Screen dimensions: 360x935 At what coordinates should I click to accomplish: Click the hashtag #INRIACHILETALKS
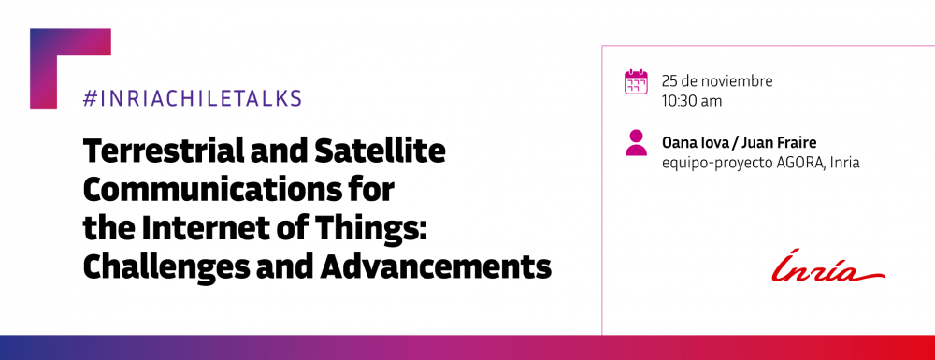[x=192, y=98]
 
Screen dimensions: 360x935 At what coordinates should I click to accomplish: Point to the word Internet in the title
[x=221, y=228]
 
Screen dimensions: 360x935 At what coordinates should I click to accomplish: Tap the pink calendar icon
[x=636, y=82]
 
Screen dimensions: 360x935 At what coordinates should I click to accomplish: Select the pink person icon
[x=636, y=143]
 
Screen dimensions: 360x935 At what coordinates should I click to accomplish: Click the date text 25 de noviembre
[x=716, y=80]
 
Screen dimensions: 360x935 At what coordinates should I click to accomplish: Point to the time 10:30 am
[x=692, y=100]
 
